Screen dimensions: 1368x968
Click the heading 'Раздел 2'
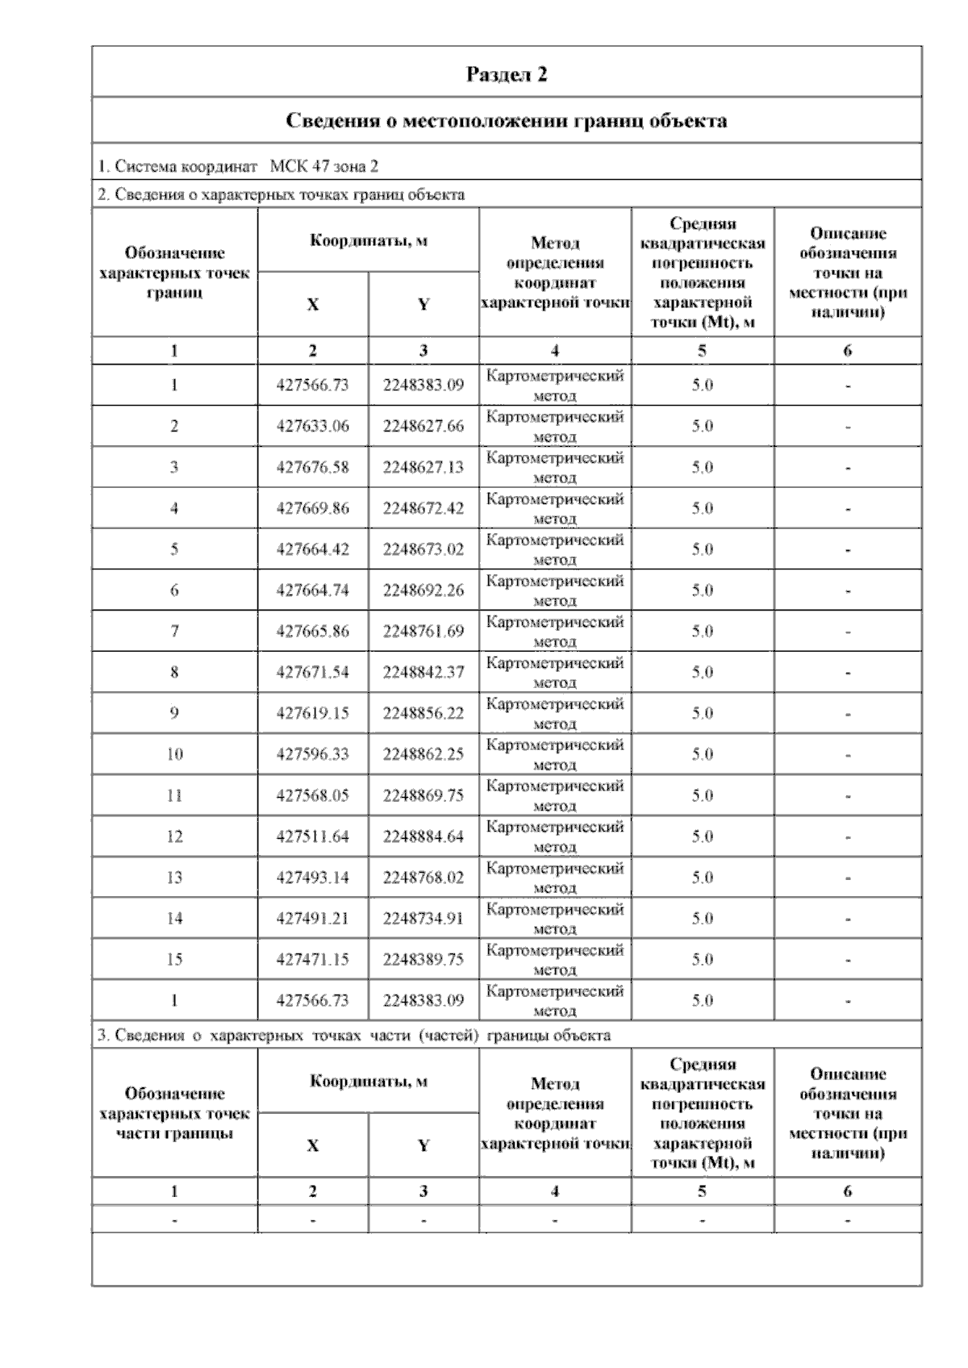[507, 74]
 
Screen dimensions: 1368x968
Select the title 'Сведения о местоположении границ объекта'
[507, 121]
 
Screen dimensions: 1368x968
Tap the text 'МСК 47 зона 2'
[324, 167]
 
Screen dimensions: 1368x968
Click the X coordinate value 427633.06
[313, 426]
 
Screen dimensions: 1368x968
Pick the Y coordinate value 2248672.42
[423, 508]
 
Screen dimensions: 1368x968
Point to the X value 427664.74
[313, 590]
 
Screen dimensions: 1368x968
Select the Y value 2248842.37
[423, 672]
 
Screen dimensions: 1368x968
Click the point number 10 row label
[174, 754]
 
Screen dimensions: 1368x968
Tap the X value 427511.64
[313, 836]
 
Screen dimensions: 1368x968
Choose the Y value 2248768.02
[423, 878]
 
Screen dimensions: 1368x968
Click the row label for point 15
[174, 959]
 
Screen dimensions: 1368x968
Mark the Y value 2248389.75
[423, 959]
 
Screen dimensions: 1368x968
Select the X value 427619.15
[313, 713]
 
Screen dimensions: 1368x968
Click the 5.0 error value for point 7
[702, 632]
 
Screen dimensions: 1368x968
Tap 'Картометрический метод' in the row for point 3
[555, 467]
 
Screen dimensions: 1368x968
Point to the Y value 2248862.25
[423, 754]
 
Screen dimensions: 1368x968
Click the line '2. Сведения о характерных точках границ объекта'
[281, 194]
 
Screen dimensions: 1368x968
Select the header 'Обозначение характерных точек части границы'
[174, 1113]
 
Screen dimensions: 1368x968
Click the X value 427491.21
[313, 918]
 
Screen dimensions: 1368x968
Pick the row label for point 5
[174, 549]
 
